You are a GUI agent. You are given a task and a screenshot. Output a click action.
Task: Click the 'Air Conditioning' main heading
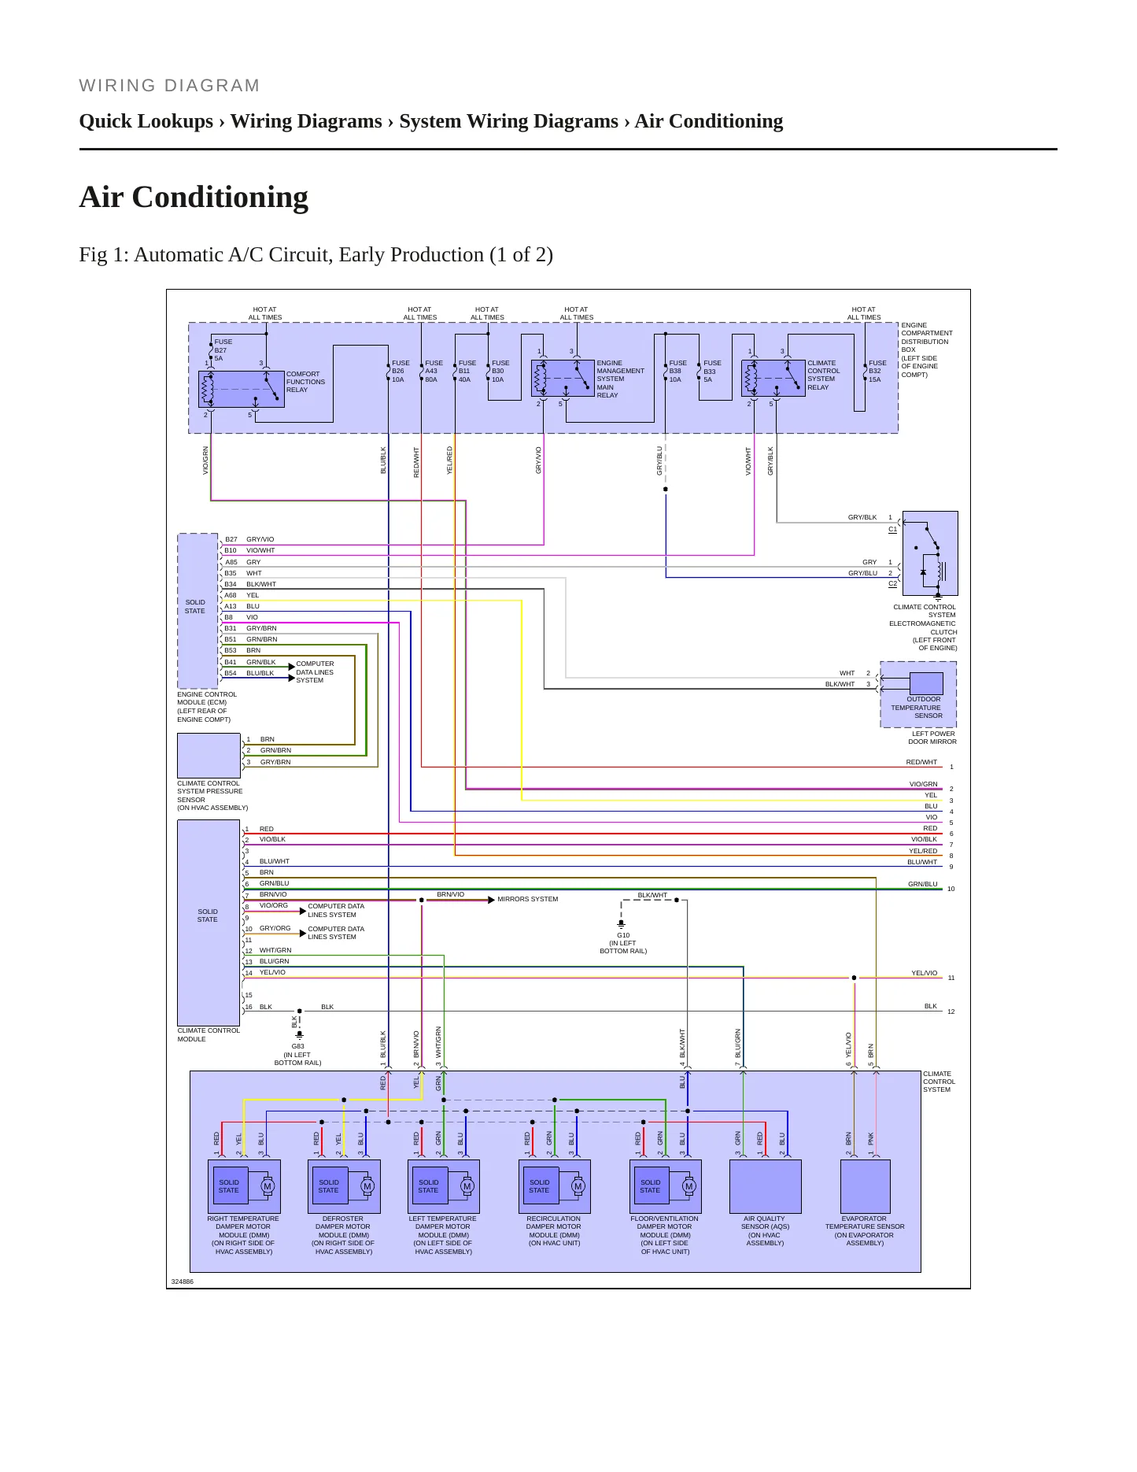194,197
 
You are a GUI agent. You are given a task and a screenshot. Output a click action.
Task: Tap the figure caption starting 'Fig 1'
316,255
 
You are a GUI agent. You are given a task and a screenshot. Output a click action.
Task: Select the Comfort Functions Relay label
305,382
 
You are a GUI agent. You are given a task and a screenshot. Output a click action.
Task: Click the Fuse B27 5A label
223,350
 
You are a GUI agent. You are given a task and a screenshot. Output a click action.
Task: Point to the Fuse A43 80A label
434,372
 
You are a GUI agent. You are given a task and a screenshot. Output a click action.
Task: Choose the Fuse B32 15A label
877,372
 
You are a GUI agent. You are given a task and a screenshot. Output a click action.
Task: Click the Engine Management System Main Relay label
620,379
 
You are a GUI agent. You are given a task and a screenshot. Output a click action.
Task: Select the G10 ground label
623,943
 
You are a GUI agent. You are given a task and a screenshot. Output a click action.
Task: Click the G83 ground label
297,1055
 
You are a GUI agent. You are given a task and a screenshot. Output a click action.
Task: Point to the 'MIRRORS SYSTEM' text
527,899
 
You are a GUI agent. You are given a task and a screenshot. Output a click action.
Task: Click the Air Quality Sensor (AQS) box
766,1186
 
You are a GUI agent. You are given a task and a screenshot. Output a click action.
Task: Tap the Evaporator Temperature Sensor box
866,1186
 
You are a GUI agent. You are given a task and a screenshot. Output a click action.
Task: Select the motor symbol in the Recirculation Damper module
578,1186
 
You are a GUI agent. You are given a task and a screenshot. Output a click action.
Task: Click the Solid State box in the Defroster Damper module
328,1186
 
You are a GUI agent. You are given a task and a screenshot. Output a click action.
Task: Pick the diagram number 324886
182,1282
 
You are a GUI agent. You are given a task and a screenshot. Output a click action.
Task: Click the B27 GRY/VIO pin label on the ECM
249,539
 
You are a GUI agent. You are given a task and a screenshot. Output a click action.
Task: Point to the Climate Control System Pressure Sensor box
209,756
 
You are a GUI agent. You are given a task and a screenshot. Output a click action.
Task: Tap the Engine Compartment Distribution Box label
926,350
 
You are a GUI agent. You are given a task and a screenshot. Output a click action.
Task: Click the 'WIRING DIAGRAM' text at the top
169,86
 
